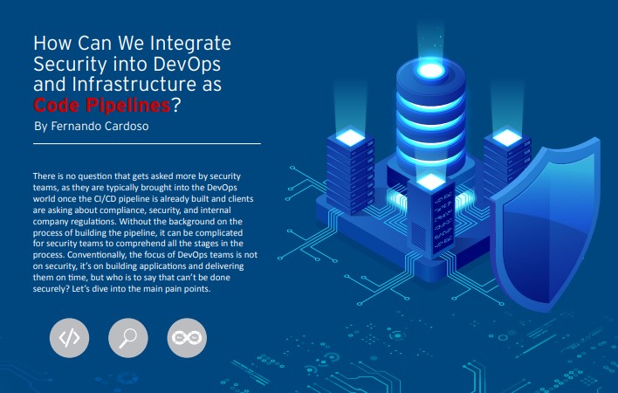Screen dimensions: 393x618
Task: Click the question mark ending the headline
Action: click(x=176, y=106)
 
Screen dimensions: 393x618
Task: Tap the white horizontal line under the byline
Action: click(x=146, y=142)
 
